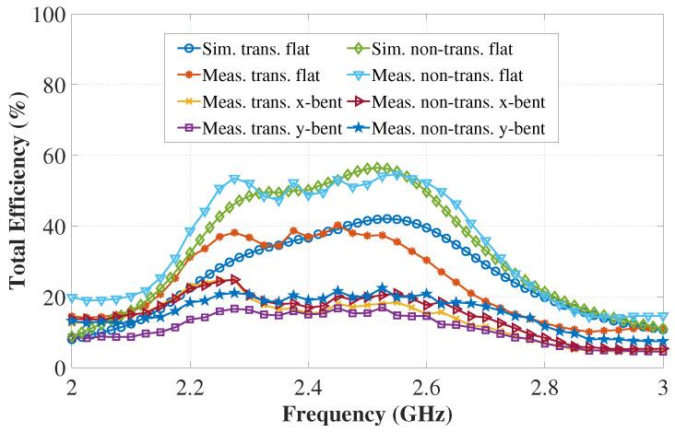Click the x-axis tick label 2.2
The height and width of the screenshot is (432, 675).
190,387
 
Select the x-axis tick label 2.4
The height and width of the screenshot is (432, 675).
308,387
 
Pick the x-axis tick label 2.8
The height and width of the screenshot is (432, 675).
545,387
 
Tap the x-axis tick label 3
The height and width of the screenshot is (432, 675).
663,387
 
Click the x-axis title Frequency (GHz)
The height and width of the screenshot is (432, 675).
367,415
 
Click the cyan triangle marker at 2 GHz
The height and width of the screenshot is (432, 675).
72,298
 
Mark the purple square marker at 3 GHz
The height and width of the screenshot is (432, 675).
663,351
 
